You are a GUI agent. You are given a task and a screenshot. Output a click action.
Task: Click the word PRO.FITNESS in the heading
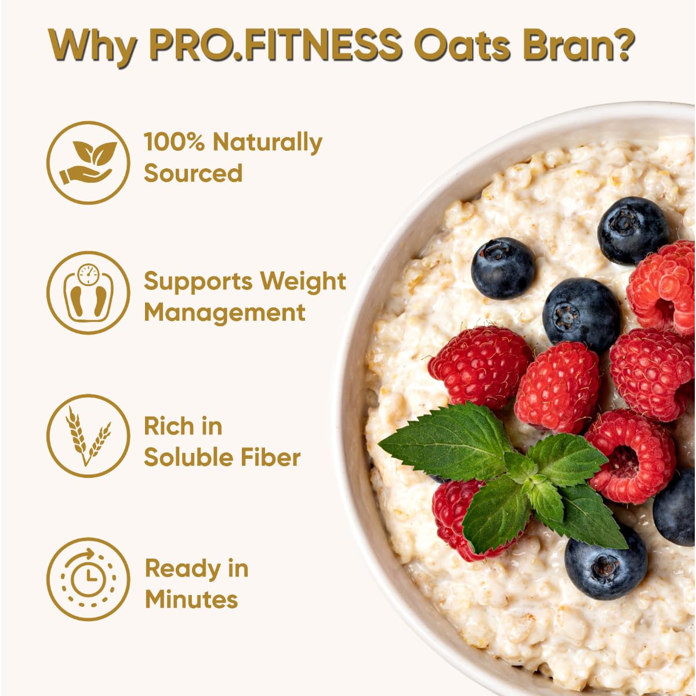(x=275, y=45)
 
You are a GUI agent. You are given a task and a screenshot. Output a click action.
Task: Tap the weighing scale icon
(x=88, y=293)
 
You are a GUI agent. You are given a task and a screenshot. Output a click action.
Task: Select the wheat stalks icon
(x=88, y=436)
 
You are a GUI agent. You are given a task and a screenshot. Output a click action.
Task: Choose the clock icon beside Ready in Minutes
(x=88, y=579)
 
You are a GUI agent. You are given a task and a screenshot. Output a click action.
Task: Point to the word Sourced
(x=193, y=173)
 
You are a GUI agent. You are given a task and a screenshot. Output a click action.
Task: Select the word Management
(x=224, y=313)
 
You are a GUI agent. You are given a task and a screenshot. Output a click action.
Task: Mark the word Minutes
(x=191, y=600)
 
